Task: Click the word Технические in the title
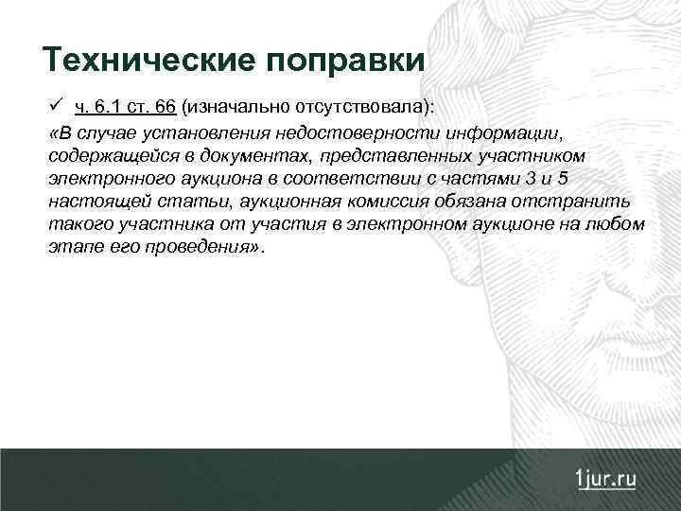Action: (x=146, y=61)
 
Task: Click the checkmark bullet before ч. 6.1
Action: (x=57, y=105)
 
